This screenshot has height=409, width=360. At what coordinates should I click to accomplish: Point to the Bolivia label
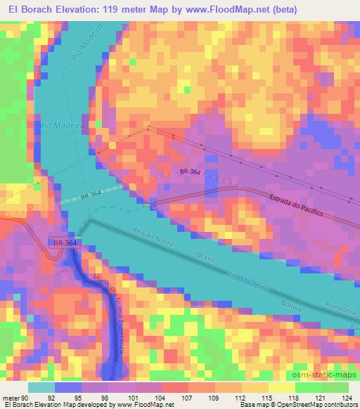pyautogui.click(x=290, y=306)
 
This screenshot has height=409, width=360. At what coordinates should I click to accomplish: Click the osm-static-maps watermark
pyautogui.click(x=325, y=373)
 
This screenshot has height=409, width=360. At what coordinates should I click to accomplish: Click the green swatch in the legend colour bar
pyautogui.click(x=307, y=387)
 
